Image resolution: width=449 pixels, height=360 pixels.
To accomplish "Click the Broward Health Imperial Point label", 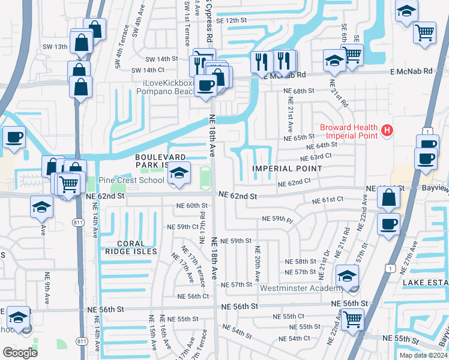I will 349,131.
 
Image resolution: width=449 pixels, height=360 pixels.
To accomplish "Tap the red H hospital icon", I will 388,130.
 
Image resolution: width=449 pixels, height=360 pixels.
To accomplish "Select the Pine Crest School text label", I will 131,180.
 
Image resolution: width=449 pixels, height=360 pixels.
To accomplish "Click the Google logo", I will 20,352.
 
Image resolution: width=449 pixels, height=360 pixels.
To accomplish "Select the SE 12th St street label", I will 231,20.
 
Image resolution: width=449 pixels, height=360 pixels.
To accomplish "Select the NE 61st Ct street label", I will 328,199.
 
